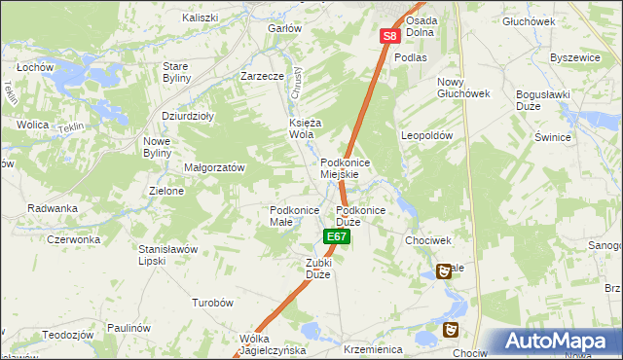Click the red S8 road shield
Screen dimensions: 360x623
pos(389,36)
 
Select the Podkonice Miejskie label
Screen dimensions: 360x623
pos(340,167)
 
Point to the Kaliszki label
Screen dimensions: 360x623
pos(201,18)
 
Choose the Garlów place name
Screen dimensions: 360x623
pos(284,28)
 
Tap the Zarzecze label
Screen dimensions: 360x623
pos(262,75)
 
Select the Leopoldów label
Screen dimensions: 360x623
pos(427,136)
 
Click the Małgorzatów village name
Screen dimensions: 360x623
pos(214,167)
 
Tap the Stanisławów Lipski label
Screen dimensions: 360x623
pos(168,254)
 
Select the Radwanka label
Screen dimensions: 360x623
pos(53,208)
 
